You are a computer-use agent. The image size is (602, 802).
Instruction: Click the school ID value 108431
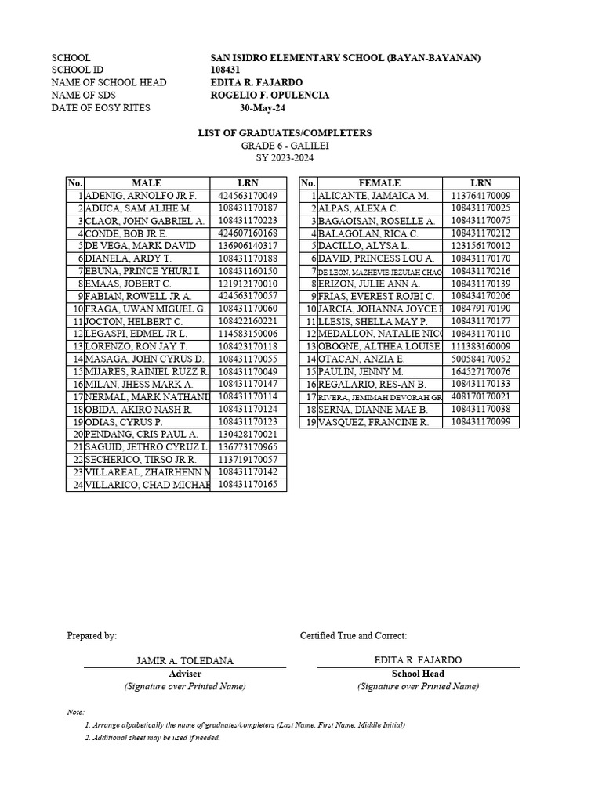[x=227, y=70]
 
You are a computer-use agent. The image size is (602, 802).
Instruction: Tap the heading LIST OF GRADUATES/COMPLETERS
[x=284, y=134]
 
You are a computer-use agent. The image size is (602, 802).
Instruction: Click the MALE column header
[x=147, y=183]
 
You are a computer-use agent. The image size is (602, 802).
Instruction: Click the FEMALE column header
[x=379, y=183]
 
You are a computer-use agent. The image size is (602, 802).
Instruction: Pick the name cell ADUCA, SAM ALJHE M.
[x=138, y=208]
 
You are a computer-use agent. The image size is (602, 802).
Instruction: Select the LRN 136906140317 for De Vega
[x=248, y=246]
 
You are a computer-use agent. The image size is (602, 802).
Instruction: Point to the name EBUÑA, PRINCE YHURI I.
[x=143, y=271]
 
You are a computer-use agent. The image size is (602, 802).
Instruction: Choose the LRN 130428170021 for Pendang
[x=248, y=435]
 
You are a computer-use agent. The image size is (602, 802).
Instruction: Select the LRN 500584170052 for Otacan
[x=481, y=359]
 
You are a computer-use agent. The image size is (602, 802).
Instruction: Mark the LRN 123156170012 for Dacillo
[x=481, y=246]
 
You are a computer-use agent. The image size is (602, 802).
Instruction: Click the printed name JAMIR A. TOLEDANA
[x=185, y=661]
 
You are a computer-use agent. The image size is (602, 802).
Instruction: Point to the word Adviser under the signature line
[x=185, y=674]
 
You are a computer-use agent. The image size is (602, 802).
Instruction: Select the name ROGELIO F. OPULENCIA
[x=270, y=96]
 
